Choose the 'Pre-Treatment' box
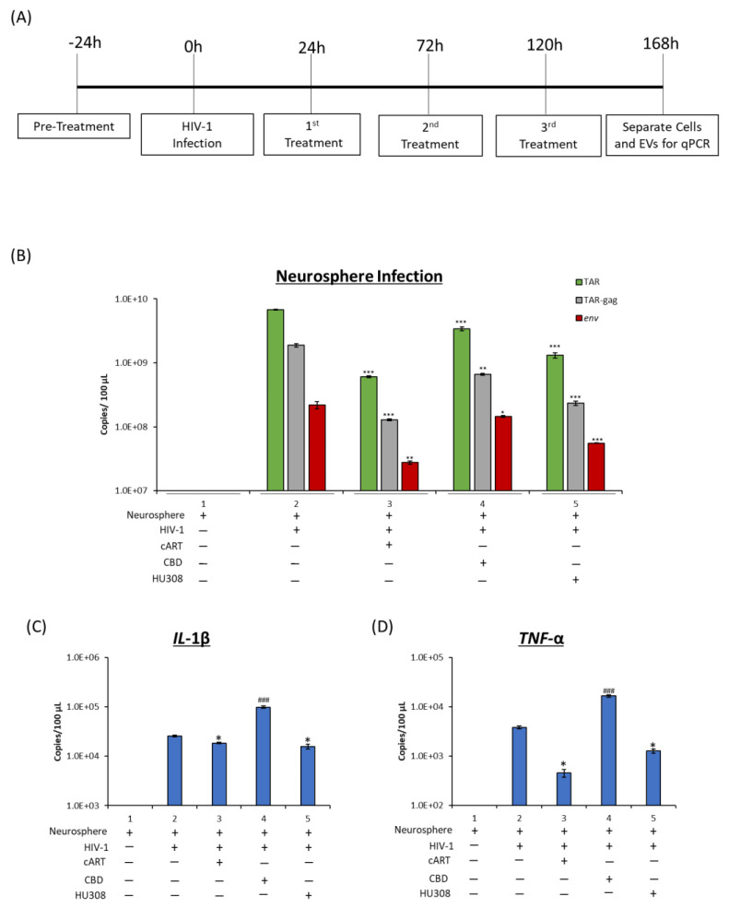[x=74, y=124]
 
